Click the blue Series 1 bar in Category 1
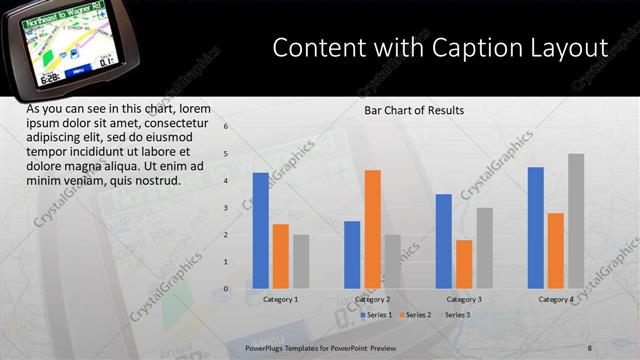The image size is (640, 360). click(261, 230)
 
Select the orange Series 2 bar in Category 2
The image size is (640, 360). click(372, 229)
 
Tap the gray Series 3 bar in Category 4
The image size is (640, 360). click(576, 221)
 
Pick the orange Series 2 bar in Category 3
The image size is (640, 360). click(464, 264)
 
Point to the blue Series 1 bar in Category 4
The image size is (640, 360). click(536, 228)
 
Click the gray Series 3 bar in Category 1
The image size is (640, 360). click(301, 261)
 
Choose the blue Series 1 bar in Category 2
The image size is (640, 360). click(352, 254)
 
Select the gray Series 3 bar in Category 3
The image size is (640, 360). click(484, 248)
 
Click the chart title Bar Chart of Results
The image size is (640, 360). click(414, 110)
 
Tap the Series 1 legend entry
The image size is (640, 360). click(377, 315)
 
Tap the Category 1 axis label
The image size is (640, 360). click(281, 299)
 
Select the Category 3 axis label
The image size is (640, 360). click(464, 299)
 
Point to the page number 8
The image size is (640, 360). click(590, 347)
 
